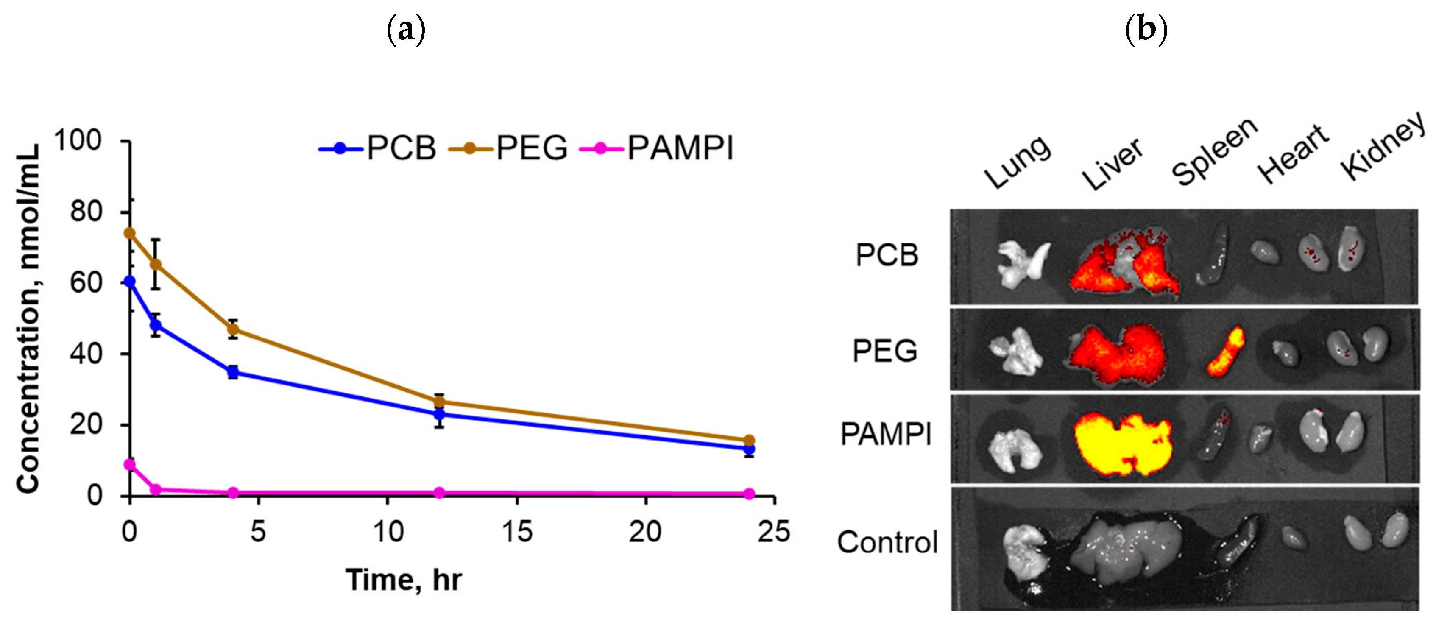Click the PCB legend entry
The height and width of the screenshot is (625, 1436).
(379, 148)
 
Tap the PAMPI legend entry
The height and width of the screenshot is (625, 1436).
(658, 148)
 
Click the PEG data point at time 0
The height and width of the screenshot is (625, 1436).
(129, 233)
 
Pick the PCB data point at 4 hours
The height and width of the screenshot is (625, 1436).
(233, 372)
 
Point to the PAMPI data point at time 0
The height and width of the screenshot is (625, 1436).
(129, 464)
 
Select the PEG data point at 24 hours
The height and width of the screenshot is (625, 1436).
(749, 441)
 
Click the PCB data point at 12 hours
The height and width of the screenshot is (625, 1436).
(439, 414)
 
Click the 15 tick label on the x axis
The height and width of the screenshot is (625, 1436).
(517, 531)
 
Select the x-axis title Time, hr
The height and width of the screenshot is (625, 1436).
(404, 580)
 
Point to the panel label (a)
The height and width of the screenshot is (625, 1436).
(406, 30)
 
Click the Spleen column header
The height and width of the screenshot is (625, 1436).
(1215, 153)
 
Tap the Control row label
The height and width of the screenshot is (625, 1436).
(887, 542)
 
